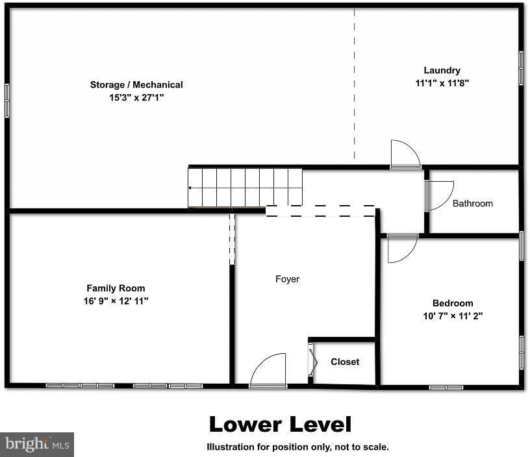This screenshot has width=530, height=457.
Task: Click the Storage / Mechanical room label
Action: (x=136, y=84)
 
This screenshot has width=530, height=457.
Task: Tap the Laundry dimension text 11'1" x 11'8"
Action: (x=442, y=83)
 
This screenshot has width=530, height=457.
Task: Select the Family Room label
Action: (x=116, y=288)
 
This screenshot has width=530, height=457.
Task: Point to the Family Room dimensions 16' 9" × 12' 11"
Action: (x=116, y=301)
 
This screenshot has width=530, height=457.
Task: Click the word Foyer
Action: (x=287, y=279)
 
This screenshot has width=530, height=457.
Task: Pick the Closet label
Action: (x=344, y=362)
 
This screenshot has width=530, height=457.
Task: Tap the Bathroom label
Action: (x=472, y=203)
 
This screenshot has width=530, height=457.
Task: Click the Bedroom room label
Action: (x=453, y=303)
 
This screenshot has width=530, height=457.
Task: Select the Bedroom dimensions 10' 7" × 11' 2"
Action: (x=453, y=316)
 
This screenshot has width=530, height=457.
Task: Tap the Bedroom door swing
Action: (x=401, y=249)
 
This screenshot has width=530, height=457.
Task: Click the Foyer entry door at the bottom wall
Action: (x=268, y=371)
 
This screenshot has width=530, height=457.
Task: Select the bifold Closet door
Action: (x=312, y=362)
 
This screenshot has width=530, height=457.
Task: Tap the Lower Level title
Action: (x=280, y=425)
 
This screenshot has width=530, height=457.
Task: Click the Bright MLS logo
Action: (x=37, y=444)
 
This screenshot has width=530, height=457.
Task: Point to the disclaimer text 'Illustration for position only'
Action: (x=297, y=447)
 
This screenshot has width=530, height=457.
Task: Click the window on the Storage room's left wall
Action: (x=7, y=101)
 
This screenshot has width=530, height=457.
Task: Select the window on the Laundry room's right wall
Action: (x=521, y=68)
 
